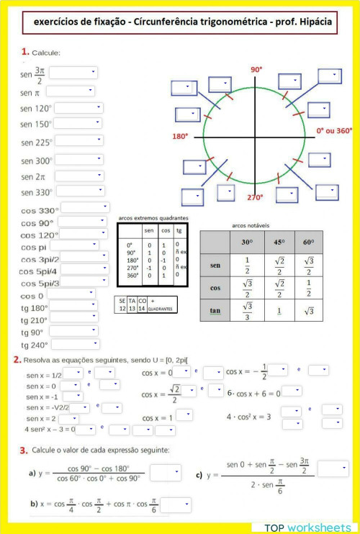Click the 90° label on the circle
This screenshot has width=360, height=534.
tap(256, 70)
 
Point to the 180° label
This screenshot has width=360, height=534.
tap(180, 135)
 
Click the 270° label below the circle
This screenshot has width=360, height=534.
tap(257, 197)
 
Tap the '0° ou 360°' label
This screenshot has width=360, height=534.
tap(334, 132)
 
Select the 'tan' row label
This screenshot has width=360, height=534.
tap(215, 311)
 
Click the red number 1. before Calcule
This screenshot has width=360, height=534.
tap(25, 52)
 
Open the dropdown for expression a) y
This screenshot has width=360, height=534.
tap(165, 473)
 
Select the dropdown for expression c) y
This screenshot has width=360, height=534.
tap(333, 469)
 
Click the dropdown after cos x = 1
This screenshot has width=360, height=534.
tap(184, 415)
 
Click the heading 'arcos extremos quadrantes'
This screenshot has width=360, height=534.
tap(153, 217)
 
